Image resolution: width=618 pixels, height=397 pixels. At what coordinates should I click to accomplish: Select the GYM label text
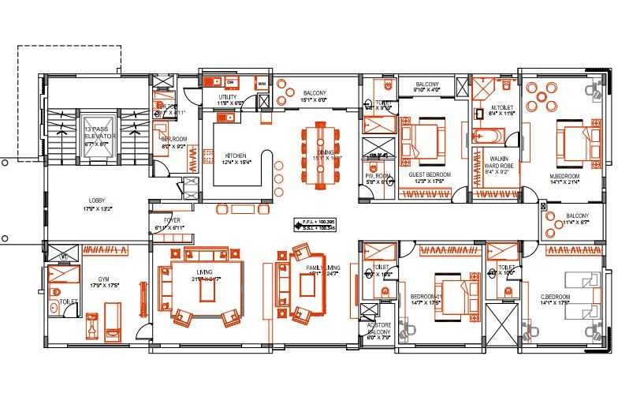(x=102, y=280)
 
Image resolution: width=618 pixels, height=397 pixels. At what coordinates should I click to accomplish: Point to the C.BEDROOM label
(x=556, y=298)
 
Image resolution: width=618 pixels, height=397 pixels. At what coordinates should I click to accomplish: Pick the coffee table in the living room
(x=207, y=291)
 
